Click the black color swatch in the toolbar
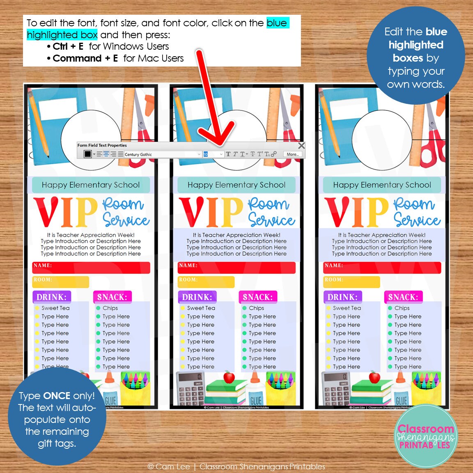coord(87,154)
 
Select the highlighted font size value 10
coord(206,154)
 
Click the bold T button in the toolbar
coord(228,154)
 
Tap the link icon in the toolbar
coord(274,154)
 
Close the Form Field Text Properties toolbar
coord(301,146)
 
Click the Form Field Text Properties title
coord(102,145)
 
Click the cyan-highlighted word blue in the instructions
coord(277,23)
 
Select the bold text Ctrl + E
coord(68,46)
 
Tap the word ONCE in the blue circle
coord(57,396)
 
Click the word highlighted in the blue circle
coord(416,45)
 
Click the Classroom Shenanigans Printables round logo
coord(425,436)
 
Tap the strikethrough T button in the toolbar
coord(253,154)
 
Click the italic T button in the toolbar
coord(235,154)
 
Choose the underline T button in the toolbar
coord(242,154)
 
